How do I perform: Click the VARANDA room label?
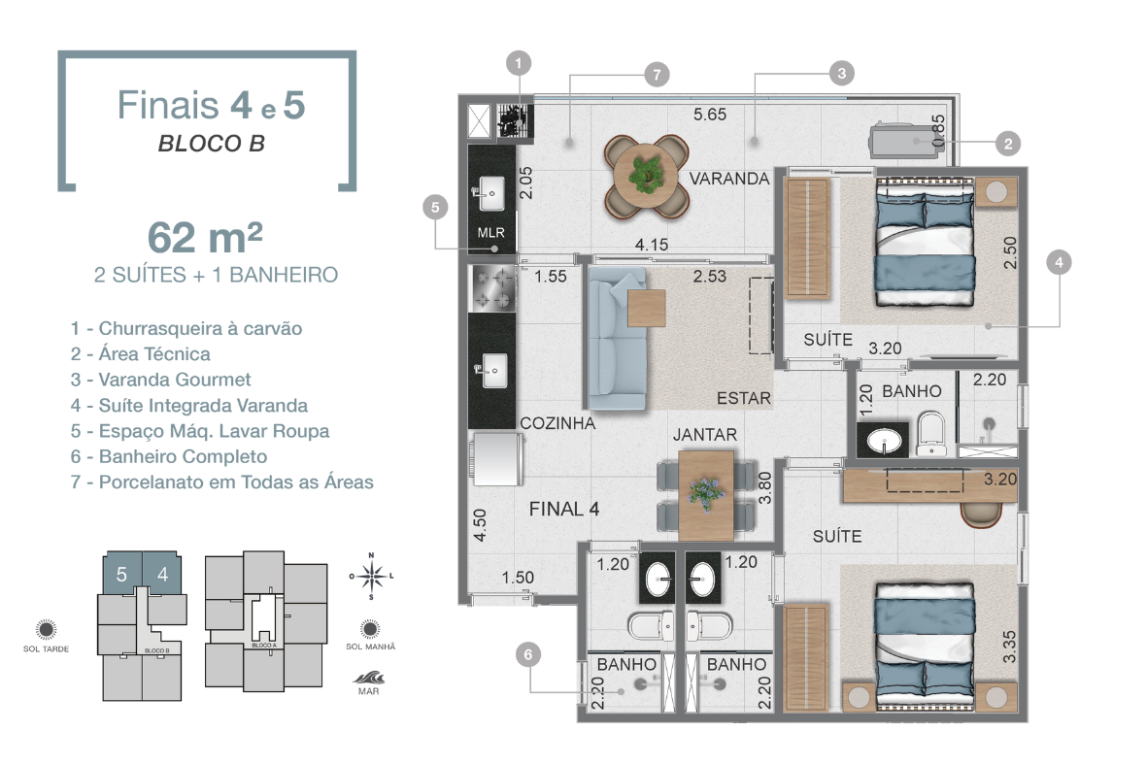tap(728, 179)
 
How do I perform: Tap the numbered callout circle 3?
tap(841, 73)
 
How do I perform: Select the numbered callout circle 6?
tap(528, 654)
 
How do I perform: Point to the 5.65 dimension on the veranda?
tap(710, 114)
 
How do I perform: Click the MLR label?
tap(490, 232)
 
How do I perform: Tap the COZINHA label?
tap(557, 422)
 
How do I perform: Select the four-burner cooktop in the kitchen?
tap(492, 287)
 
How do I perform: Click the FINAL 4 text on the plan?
tap(564, 509)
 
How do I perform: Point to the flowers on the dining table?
tap(705, 491)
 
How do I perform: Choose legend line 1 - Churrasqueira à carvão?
tap(186, 328)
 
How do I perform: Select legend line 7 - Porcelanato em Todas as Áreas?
tap(221, 482)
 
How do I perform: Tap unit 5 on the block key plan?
tap(122, 574)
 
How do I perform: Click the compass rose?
tap(372, 576)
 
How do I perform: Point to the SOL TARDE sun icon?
tap(46, 629)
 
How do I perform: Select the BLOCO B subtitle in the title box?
tap(212, 144)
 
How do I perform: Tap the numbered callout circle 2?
tap(1008, 144)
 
